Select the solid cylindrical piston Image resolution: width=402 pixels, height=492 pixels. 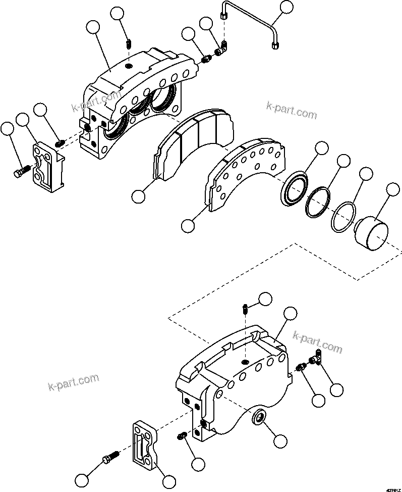tap(370, 233)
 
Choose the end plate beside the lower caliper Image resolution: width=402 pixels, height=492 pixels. tap(143, 445)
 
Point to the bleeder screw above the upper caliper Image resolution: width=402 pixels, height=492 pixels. tap(129, 44)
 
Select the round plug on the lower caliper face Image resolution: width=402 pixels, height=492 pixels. tap(259, 418)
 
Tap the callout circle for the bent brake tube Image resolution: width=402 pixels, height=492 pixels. tap(287, 7)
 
